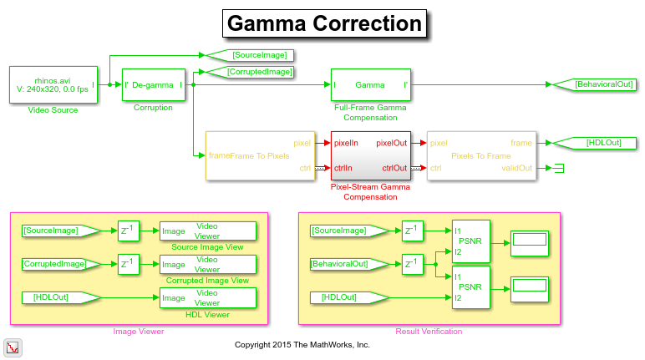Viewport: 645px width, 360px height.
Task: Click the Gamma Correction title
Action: pyautogui.click(x=324, y=24)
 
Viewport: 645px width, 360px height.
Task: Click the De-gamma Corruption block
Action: pyautogui.click(x=153, y=84)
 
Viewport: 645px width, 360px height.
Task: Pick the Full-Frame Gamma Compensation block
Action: pyautogui.click(x=370, y=84)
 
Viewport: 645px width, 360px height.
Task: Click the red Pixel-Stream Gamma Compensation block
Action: pyautogui.click(x=370, y=155)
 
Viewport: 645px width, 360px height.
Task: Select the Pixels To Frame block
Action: pyautogui.click(x=480, y=155)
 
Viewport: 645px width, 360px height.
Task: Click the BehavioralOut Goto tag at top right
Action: pyautogui.click(x=594, y=84)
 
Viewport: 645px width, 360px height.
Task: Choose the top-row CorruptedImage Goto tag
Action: pyautogui.click(x=251, y=72)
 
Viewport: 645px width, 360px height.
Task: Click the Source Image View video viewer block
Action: pyautogui.click(x=207, y=231)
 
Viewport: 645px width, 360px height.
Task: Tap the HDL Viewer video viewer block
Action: pyautogui.click(x=207, y=297)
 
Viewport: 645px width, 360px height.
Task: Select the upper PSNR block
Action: pyautogui.click(x=470, y=241)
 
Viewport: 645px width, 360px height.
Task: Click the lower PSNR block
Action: pyautogui.click(x=470, y=286)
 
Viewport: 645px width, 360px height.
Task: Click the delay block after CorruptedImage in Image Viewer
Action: pyautogui.click(x=129, y=264)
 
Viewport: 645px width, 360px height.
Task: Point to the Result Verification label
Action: pyautogui.click(x=429, y=332)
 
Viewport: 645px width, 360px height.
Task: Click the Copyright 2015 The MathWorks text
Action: pyautogui.click(x=302, y=344)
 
